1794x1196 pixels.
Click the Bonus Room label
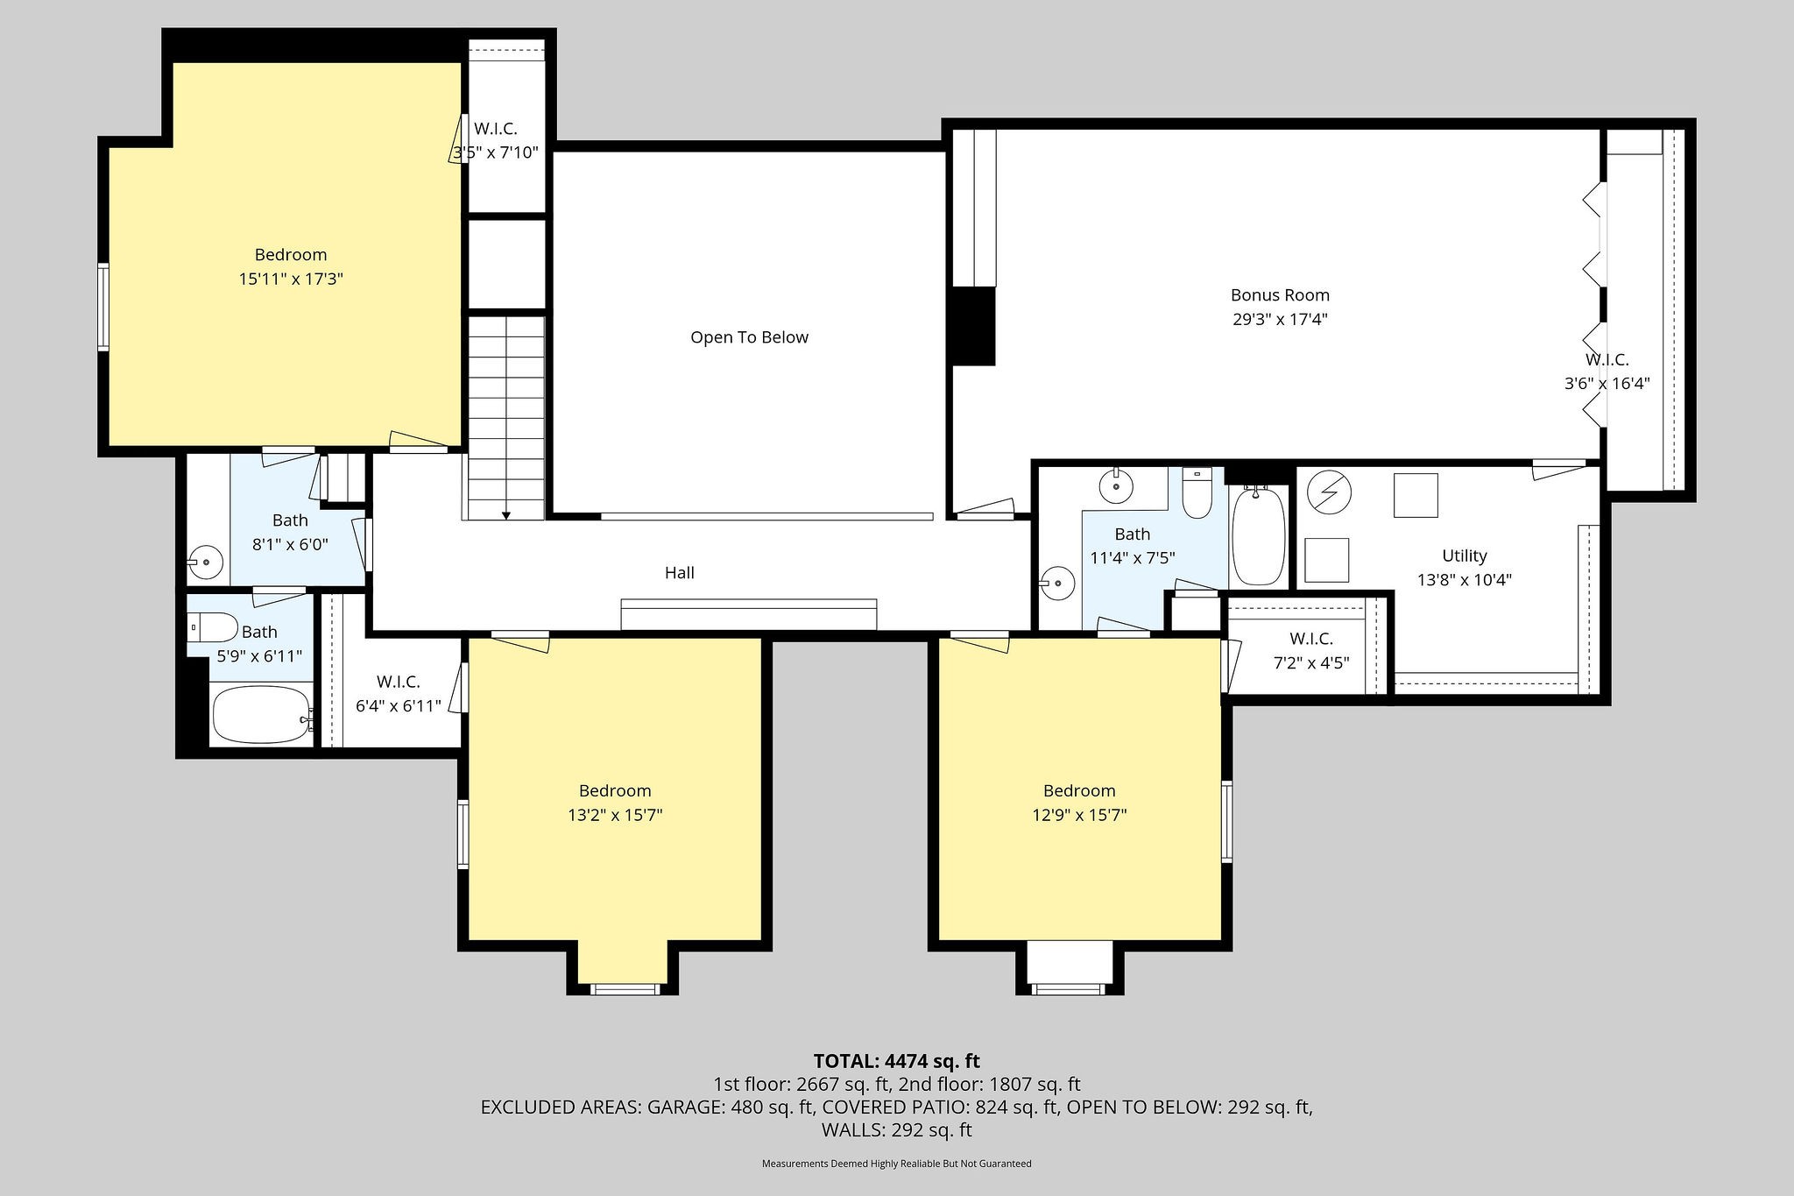pos(1280,295)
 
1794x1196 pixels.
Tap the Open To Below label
pos(749,337)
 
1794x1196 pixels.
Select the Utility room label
pos(1465,556)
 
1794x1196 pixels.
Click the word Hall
pos(680,573)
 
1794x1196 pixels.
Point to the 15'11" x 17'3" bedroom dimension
pos(291,280)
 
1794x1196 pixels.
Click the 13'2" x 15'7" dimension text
pos(615,815)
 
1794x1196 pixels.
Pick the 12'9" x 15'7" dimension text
pos(1079,815)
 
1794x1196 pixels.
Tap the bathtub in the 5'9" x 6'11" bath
pos(262,715)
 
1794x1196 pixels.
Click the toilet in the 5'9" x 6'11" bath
pos(212,627)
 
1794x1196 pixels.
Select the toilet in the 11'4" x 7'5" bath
pos(1197,493)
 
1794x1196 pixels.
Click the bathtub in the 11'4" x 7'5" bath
pos(1259,536)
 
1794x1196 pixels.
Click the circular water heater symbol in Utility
pos(1329,493)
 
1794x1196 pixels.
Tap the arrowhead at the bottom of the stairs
pos(505,515)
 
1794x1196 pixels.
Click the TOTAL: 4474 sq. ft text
pos(897,1061)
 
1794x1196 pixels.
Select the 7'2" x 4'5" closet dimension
pos(1311,663)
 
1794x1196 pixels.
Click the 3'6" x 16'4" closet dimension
pos(1607,383)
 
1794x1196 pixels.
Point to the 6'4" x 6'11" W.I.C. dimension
pos(399,705)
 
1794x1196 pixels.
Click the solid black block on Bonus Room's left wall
pos(974,326)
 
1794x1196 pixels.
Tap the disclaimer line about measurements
pos(897,1164)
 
